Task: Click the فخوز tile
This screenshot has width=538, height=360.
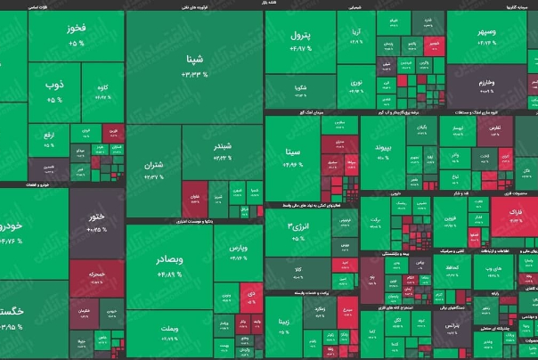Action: coord(77,36)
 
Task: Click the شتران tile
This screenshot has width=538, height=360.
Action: coord(153,169)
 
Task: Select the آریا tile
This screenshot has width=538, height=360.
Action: coord(356,36)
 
